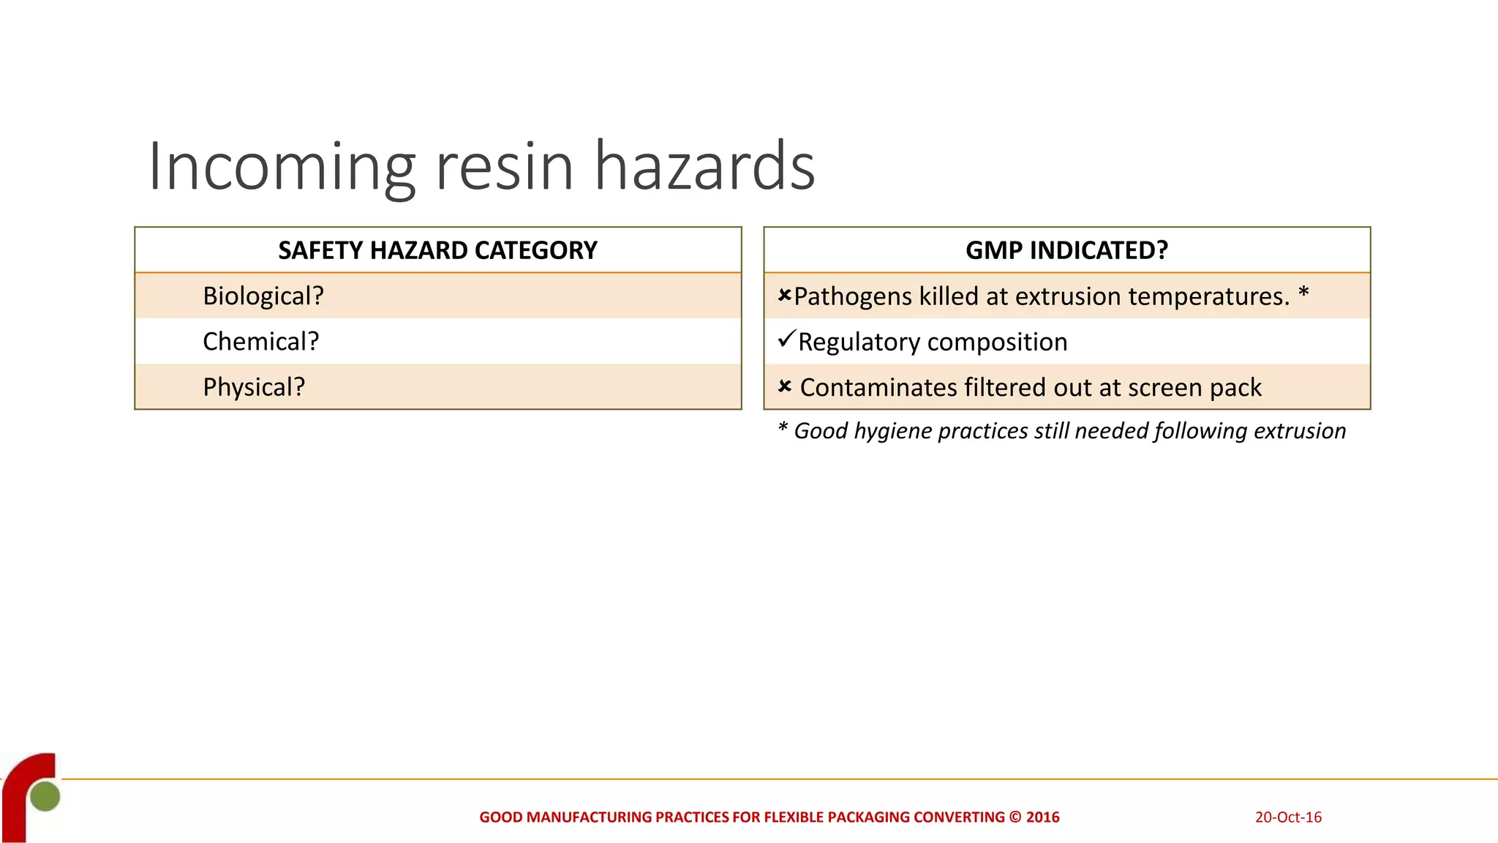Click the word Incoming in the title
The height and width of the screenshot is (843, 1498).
(282, 168)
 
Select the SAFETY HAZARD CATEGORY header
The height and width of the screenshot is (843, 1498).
(437, 250)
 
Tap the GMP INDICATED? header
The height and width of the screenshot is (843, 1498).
(1066, 250)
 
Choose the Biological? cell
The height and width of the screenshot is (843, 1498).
(263, 296)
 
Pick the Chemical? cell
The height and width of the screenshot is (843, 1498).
(260, 341)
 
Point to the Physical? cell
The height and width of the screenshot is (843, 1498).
(253, 386)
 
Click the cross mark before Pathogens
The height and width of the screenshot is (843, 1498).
(784, 296)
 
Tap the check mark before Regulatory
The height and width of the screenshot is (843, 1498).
(786, 340)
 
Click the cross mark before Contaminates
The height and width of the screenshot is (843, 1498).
(784, 386)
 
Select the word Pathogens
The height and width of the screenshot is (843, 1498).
(852, 296)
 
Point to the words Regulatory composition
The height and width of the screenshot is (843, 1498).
(933, 342)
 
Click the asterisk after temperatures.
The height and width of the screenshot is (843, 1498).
(1303, 293)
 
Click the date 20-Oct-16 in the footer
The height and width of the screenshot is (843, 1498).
(1288, 817)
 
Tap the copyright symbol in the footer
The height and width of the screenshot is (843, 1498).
(1015, 817)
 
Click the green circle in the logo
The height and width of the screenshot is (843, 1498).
(45, 796)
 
